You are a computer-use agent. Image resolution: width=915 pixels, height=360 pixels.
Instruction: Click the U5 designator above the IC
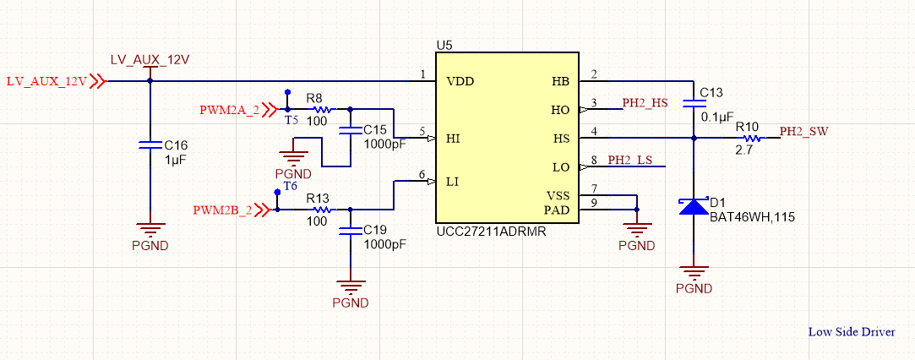pos(444,44)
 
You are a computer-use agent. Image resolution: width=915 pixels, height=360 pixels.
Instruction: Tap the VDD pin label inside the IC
pos(460,82)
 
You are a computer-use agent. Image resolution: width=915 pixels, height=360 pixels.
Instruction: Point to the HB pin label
pos(560,82)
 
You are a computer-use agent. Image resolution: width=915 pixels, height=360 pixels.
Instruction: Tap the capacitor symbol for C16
pos(150,145)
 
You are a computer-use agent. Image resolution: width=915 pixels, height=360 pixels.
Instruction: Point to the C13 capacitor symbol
pos(694,102)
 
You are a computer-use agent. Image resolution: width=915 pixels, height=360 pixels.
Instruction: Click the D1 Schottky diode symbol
pos(694,206)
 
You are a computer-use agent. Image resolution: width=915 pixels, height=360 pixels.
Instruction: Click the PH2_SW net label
pos(803,132)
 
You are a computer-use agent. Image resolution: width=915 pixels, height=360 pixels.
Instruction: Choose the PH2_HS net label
pos(645,103)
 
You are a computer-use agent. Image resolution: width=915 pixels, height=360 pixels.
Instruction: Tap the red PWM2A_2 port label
pos(229,110)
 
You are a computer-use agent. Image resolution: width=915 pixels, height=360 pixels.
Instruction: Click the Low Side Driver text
pos(851,332)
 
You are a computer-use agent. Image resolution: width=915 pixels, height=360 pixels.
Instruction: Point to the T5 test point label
pos(291,121)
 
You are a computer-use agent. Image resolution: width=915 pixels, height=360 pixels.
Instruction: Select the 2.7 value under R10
pos(744,150)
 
